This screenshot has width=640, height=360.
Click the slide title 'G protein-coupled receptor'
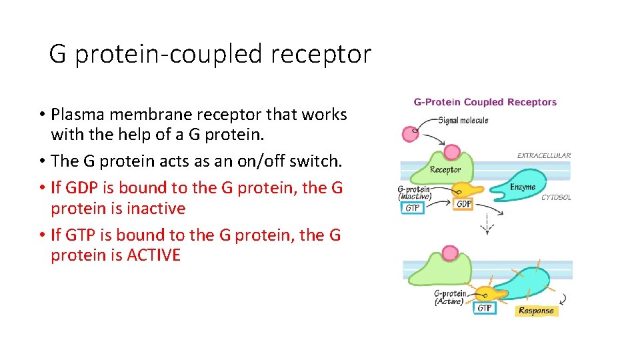[210, 54]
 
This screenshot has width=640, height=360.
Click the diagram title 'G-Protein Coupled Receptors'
[485, 102]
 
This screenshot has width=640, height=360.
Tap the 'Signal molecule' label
[463, 121]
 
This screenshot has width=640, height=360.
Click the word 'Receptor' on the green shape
[445, 169]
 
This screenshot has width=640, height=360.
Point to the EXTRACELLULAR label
[543, 155]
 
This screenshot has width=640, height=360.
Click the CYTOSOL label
[555, 197]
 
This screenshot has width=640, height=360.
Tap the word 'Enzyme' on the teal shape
[523, 187]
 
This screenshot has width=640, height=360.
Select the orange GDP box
[464, 204]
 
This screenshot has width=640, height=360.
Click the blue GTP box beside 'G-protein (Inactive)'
[414, 208]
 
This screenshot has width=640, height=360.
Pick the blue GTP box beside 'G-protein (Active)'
[485, 308]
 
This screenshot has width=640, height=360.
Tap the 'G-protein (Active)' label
[449, 297]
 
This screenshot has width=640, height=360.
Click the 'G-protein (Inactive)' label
[413, 193]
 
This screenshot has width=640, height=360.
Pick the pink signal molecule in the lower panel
[450, 253]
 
